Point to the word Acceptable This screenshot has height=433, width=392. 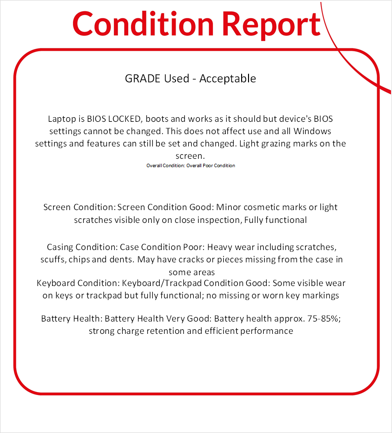point(227,78)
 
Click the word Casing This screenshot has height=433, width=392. point(62,247)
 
